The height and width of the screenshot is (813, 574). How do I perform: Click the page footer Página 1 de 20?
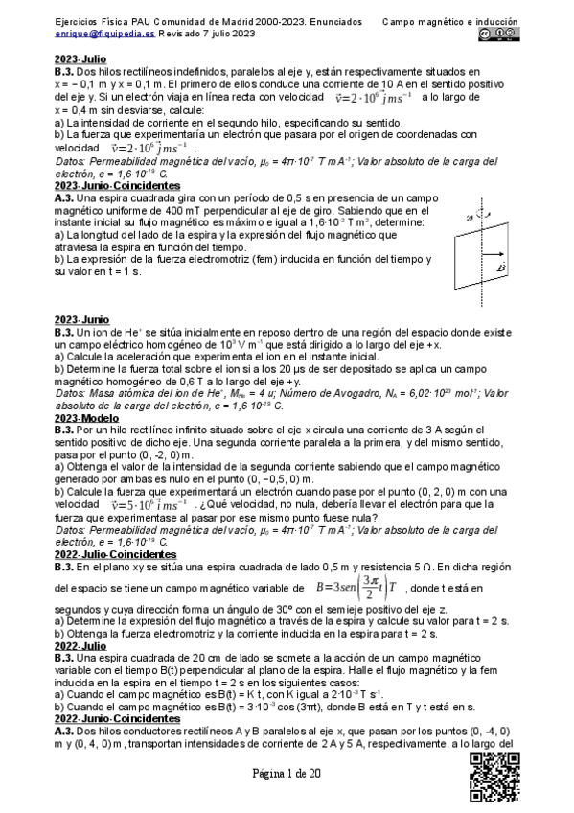[x=287, y=776]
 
